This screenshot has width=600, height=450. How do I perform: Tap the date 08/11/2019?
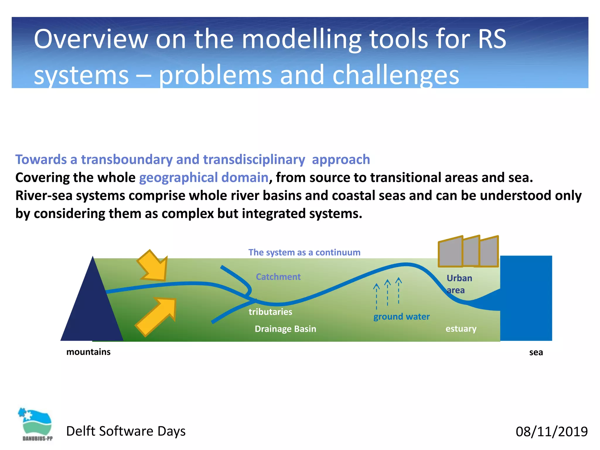(551, 432)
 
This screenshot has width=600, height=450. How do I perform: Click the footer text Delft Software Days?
(126, 431)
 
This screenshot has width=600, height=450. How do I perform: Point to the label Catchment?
(278, 277)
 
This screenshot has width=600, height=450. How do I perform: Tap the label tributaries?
(270, 311)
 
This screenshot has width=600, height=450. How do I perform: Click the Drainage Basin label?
(285, 329)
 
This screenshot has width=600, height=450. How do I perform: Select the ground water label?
(401, 316)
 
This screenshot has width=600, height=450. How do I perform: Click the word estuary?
(461, 328)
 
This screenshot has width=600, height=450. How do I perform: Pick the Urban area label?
(459, 284)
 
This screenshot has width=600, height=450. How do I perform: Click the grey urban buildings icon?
(468, 252)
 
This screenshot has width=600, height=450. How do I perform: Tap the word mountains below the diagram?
(88, 352)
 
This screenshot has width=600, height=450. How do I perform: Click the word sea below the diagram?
(536, 352)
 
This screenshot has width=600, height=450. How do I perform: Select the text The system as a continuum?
(304, 252)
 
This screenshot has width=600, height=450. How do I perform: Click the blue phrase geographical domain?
(204, 178)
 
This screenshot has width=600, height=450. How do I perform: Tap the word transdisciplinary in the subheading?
(254, 160)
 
